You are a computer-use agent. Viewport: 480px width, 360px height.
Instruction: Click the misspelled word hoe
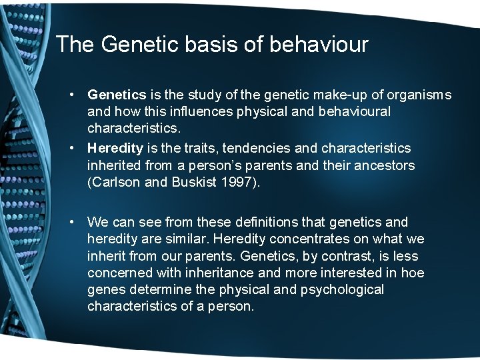[x=411, y=273]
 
